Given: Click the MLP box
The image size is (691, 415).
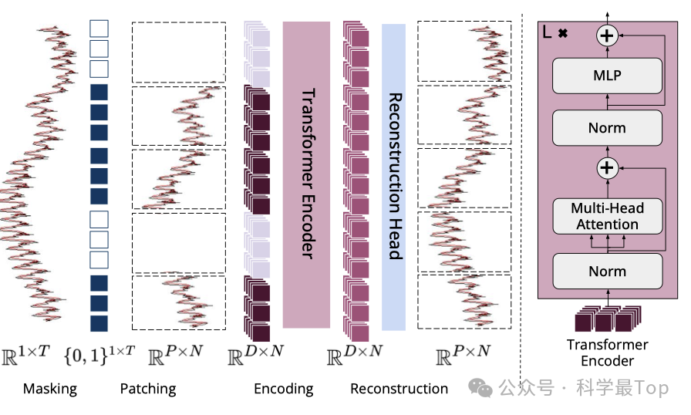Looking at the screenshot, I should [607, 76].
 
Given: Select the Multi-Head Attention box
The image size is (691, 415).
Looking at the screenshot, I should [607, 216].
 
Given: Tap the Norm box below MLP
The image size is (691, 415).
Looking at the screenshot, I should [607, 128].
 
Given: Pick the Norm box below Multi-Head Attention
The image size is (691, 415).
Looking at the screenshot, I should [607, 271].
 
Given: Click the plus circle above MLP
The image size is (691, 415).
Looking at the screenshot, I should [608, 34].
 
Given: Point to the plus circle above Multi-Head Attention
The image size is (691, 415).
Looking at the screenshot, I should [608, 167].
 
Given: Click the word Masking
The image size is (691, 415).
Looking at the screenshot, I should [50, 389].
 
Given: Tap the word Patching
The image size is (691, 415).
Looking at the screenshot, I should [148, 389].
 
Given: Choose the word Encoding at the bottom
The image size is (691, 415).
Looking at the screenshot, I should [284, 389].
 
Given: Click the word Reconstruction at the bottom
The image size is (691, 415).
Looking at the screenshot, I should [399, 389].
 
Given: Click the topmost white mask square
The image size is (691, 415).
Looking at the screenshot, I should [99, 29].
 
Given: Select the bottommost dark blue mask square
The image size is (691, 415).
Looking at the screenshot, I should [99, 323].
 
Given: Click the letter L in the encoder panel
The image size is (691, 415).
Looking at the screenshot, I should [548, 33].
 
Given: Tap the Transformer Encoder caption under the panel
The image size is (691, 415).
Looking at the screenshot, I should [607, 353].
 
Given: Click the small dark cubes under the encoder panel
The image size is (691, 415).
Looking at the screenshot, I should [607, 319].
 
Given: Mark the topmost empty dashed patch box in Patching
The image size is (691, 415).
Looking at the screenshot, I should [178, 52].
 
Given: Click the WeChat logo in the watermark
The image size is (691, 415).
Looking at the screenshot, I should [484, 389].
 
